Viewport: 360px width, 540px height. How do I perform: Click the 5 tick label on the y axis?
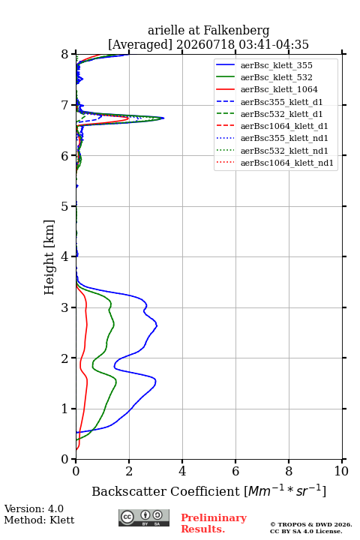65,206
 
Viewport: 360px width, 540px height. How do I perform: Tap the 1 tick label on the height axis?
65,409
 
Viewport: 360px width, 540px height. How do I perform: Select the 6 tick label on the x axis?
235,471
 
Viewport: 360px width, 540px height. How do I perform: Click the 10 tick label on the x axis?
341,471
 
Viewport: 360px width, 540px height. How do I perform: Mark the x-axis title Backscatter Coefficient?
166,491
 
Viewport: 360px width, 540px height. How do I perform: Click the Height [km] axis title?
49,257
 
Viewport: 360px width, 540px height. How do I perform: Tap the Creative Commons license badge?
144,518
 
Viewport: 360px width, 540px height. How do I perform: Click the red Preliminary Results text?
214,523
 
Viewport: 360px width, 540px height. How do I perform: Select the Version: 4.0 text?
34,509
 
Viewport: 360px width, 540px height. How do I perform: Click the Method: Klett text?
39,520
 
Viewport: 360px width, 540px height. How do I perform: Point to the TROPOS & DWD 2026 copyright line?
311,525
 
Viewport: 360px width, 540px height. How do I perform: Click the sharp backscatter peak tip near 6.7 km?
163,118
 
